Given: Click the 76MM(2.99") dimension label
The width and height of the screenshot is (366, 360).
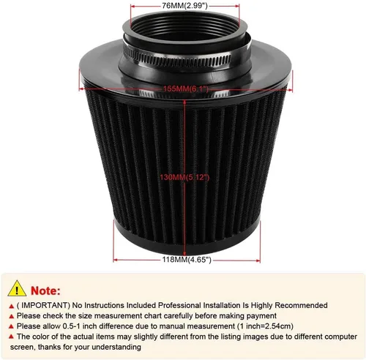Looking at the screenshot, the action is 184,6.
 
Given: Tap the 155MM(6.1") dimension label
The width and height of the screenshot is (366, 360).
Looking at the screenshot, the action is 186,89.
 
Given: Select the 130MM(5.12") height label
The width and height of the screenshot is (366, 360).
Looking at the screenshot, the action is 184,177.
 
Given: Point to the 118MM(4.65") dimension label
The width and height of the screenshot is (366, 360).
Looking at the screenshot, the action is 187,260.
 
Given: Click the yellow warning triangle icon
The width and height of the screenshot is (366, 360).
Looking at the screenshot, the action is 17,289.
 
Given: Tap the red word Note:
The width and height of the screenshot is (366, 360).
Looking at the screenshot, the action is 45,290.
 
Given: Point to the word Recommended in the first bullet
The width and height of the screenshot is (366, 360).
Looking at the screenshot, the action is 301,305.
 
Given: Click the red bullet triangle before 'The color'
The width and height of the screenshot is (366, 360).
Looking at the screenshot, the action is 11,337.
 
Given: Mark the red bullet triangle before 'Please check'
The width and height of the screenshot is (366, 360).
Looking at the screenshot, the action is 11,316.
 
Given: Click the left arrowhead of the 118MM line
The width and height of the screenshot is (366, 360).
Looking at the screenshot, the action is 116,260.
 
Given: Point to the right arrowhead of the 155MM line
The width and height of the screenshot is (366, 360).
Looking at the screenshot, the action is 290,90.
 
